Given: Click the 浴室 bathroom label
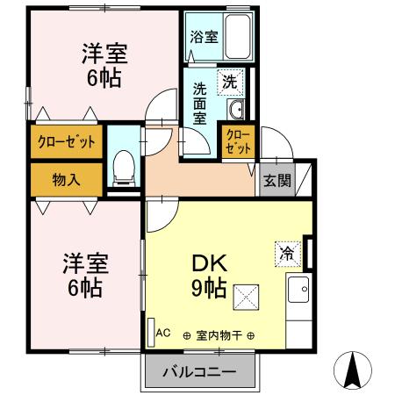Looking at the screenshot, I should click(205, 38).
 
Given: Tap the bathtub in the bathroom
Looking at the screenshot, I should click(237, 38).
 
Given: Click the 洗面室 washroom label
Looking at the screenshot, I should click(201, 101).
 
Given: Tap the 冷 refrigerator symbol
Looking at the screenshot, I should click(287, 251).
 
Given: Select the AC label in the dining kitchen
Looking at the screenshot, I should click(163, 333).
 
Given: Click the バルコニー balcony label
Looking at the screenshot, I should click(198, 372).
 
